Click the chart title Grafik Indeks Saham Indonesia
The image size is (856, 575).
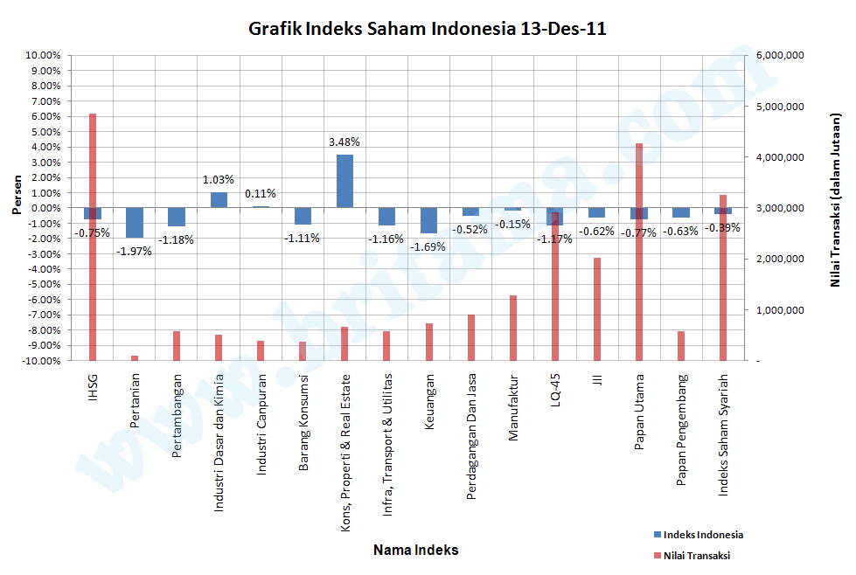click(428, 29)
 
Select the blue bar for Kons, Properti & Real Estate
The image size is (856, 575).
click(344, 181)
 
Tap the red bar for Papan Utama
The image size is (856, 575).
click(639, 288)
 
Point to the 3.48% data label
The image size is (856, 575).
click(344, 142)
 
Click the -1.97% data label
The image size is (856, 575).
click(135, 251)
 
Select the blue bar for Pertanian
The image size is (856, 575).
click(135, 223)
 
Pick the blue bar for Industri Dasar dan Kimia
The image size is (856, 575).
click(219, 200)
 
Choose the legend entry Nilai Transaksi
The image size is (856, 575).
click(696, 555)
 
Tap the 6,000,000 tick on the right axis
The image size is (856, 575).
click(778, 55)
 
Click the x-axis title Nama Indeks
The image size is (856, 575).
click(415, 551)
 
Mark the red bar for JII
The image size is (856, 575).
click(597, 309)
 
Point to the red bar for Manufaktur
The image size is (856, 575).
click(513, 328)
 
